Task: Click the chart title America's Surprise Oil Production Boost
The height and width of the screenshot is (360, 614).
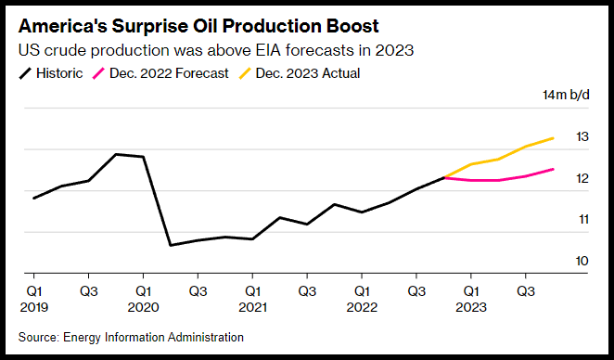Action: pyautogui.click(x=198, y=26)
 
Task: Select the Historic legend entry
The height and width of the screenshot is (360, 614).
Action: pyautogui.click(x=51, y=73)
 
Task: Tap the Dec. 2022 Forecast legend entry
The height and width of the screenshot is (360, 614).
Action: pyautogui.click(x=160, y=73)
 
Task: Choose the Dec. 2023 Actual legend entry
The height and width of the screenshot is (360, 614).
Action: pyautogui.click(x=300, y=73)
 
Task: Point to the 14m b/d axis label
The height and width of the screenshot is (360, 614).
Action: pyautogui.click(x=566, y=95)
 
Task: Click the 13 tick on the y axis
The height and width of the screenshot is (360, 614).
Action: pyautogui.click(x=582, y=136)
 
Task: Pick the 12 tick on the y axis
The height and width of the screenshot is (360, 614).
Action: pyautogui.click(x=582, y=178)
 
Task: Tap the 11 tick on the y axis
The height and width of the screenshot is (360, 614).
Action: pyautogui.click(x=583, y=219)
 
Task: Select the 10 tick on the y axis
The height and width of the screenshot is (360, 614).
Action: pyautogui.click(x=582, y=261)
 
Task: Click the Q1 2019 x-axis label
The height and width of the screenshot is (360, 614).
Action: pyautogui.click(x=34, y=300)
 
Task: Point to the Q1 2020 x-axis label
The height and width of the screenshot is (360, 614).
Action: pyautogui.click(x=144, y=300)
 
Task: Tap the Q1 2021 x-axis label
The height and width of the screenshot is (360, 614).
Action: pyautogui.click(x=252, y=300)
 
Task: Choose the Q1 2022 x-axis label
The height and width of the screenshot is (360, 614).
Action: pyautogui.click(x=362, y=300)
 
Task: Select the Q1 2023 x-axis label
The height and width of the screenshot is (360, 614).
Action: pyautogui.click(x=471, y=300)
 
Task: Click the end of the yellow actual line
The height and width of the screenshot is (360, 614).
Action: pyautogui.click(x=553, y=138)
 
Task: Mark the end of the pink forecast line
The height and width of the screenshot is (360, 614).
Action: pyautogui.click(x=553, y=169)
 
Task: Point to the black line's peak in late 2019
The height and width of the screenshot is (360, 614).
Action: pyautogui.click(x=116, y=154)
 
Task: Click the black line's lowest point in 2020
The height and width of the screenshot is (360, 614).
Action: pyautogui.click(x=171, y=245)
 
